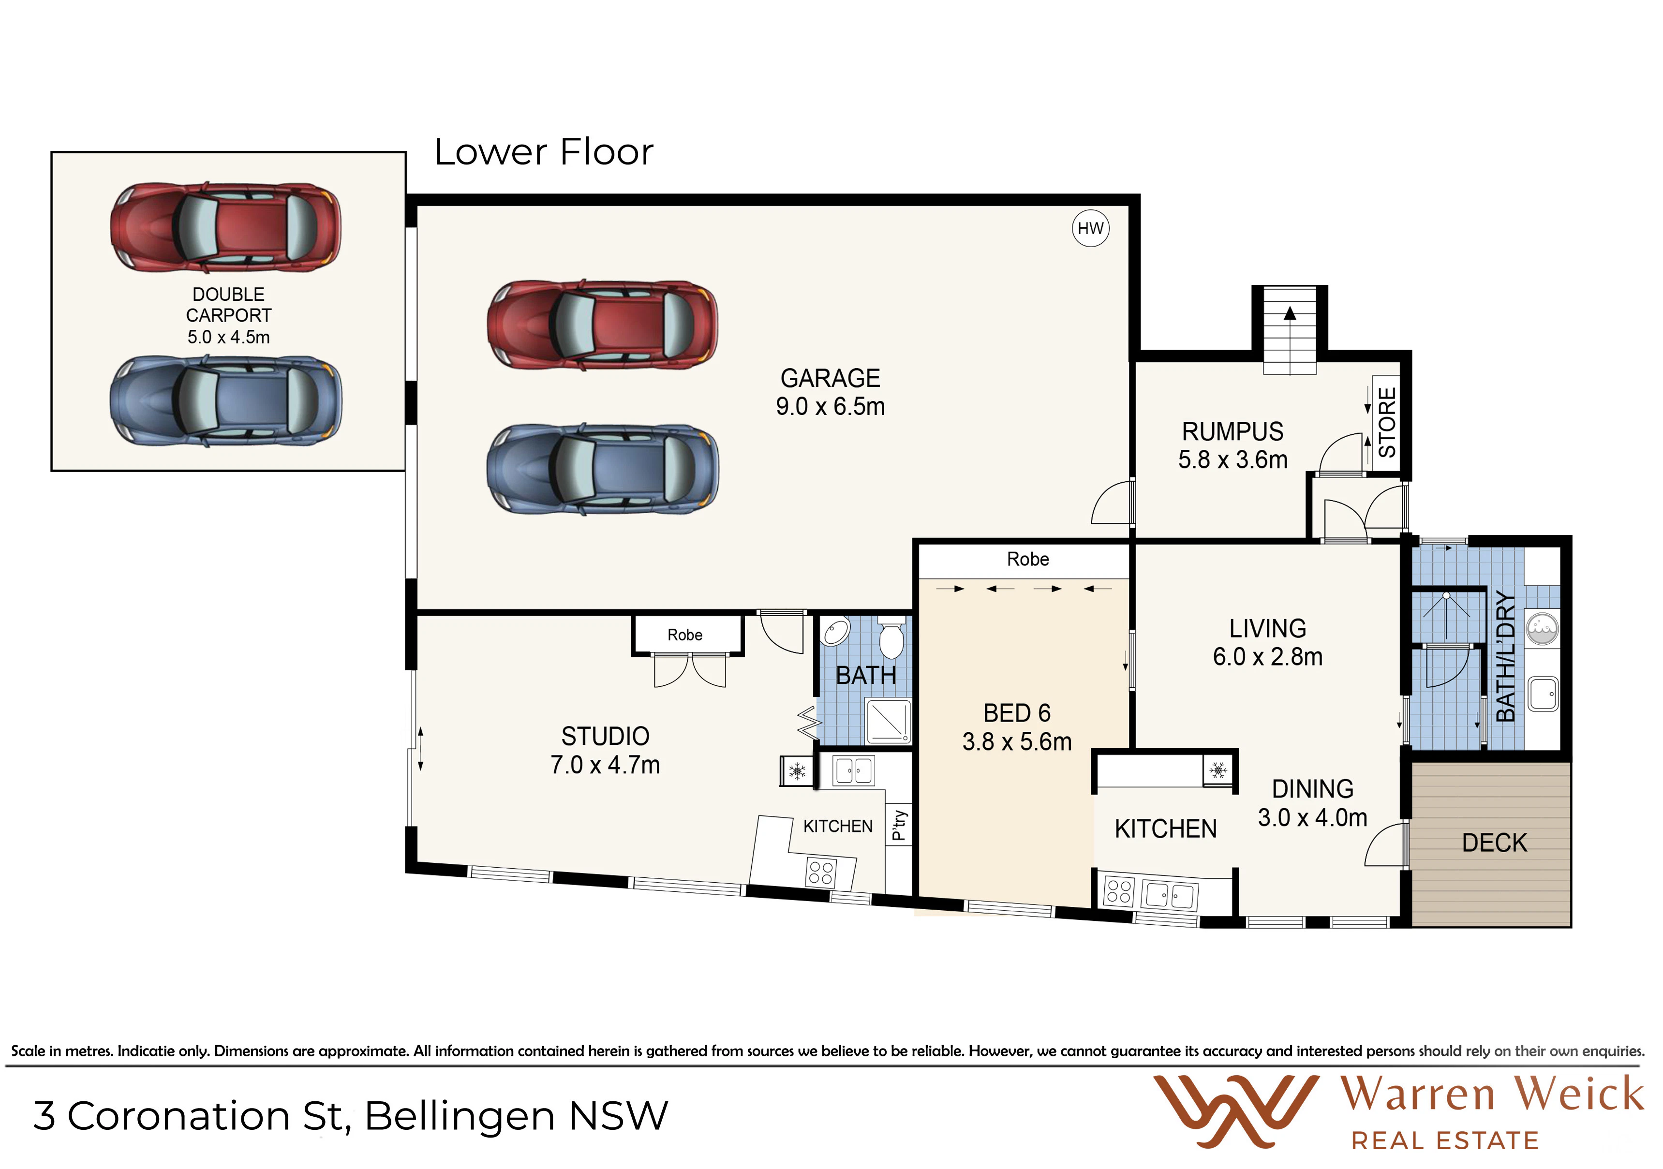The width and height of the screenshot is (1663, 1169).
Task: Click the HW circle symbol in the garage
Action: click(x=1090, y=228)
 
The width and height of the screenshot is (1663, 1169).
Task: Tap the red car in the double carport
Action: click(x=226, y=227)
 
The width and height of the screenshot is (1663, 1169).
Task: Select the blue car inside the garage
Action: click(x=603, y=469)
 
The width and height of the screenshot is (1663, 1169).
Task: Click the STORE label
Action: click(x=1386, y=422)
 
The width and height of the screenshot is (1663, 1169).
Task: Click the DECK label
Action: click(x=1494, y=843)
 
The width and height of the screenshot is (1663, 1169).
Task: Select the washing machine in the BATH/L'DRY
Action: click(x=1542, y=628)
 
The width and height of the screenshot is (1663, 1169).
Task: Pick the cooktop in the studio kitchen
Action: click(x=821, y=873)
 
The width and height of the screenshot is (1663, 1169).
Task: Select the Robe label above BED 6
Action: click(x=1028, y=559)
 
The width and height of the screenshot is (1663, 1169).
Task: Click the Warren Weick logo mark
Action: click(x=1236, y=1111)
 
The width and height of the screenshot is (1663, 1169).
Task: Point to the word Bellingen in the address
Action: click(x=460, y=1116)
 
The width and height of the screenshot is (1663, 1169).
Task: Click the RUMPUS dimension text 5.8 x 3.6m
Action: click(x=1233, y=460)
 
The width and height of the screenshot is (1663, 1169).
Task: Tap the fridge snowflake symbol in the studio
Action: click(x=797, y=770)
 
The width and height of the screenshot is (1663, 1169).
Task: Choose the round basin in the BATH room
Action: click(x=836, y=632)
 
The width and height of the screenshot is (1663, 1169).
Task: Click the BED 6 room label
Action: click(x=1017, y=713)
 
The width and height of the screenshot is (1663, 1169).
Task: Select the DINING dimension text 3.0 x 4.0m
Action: click(x=1312, y=818)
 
